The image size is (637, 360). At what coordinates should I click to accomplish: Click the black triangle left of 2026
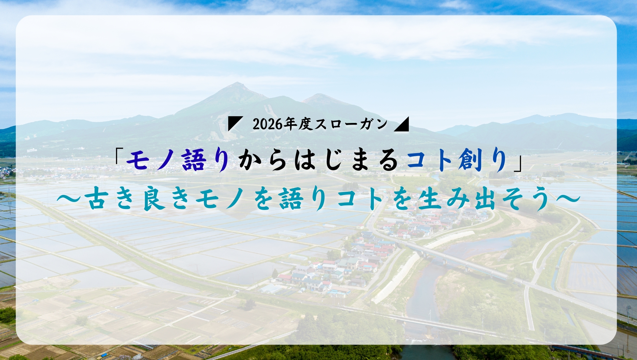click(234, 124)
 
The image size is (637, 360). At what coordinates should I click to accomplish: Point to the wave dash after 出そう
click(566, 199)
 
